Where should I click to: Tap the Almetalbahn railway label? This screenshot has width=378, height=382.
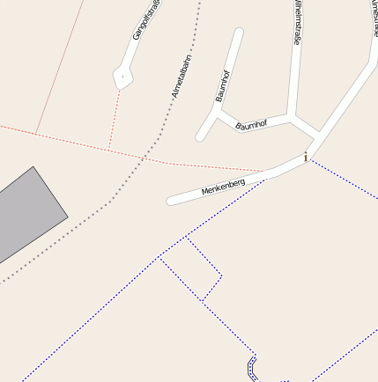click(x=182, y=76)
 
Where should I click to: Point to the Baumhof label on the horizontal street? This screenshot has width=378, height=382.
click(x=252, y=124)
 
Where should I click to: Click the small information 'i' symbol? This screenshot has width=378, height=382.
click(x=306, y=158)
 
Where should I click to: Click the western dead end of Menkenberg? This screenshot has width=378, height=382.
click(x=171, y=200)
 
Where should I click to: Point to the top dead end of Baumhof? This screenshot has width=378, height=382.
click(x=238, y=33)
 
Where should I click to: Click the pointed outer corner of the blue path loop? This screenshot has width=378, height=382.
click(x=221, y=276)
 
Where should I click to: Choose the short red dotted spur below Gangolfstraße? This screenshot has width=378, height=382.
click(x=114, y=119)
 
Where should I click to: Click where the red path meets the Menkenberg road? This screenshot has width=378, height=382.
click(x=263, y=172)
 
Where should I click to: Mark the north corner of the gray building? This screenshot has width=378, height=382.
click(x=33, y=167)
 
